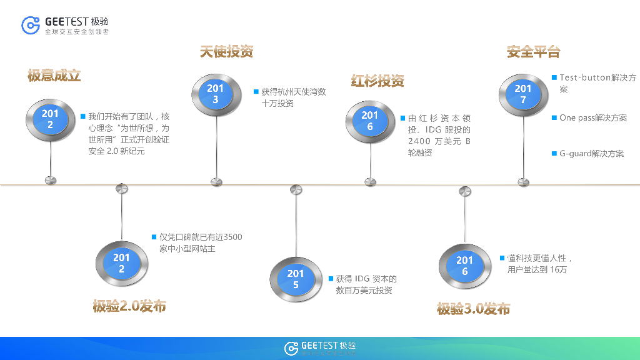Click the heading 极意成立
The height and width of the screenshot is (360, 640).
(x=54, y=76)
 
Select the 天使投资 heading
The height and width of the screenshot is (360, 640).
(x=226, y=52)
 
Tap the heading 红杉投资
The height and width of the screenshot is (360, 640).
(x=377, y=81)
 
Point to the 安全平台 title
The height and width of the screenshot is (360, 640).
(x=533, y=52)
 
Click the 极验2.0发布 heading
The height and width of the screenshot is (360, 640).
(x=129, y=306)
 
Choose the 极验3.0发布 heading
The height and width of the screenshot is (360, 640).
(x=473, y=309)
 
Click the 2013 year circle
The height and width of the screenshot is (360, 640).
(x=216, y=94)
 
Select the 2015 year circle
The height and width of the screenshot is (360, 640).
(x=296, y=279)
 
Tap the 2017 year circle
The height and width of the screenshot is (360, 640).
(x=523, y=94)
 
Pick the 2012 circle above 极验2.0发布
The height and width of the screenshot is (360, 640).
(x=121, y=263)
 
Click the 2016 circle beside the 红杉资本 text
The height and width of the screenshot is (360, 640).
(x=370, y=121)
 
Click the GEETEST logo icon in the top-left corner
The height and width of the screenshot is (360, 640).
(x=31, y=25)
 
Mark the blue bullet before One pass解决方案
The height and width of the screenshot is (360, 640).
(x=554, y=117)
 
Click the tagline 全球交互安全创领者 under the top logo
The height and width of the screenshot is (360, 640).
(x=77, y=32)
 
